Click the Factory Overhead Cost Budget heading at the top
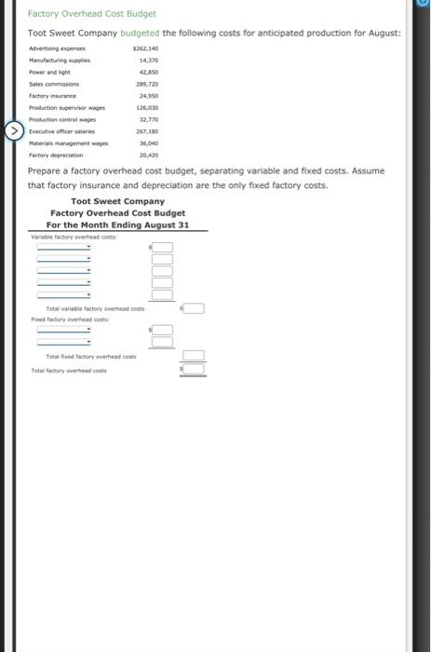[x=92, y=14]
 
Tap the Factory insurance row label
[x=53, y=95]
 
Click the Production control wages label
[x=63, y=119]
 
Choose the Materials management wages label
[x=69, y=143]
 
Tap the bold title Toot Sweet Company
[x=117, y=201]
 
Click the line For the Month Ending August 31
[x=117, y=224]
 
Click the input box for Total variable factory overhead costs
[x=194, y=308]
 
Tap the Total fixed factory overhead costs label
[x=91, y=357]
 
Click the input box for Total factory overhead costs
[x=194, y=370]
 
